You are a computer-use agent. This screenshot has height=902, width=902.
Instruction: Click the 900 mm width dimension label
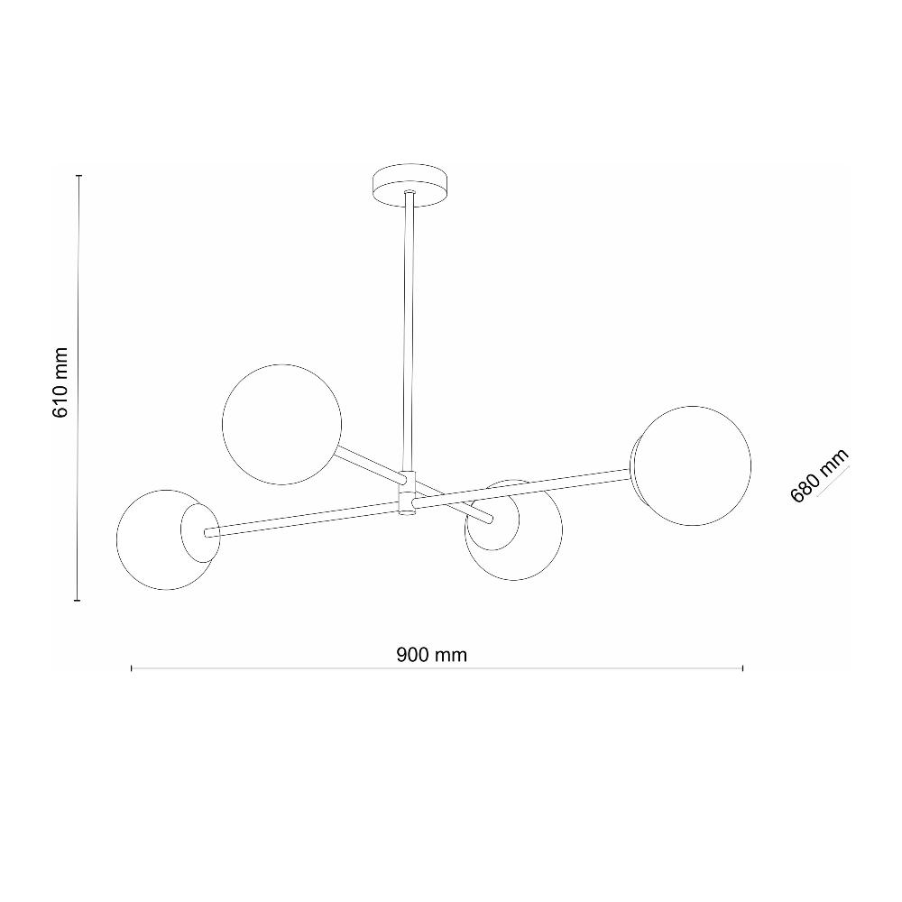(431, 655)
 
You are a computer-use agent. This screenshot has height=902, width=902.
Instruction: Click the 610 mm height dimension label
(60, 382)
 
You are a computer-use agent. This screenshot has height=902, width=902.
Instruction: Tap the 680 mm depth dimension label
(819, 477)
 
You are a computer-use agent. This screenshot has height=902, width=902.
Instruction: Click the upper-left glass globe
(281, 424)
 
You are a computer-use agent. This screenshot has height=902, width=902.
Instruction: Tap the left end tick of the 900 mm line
(132, 667)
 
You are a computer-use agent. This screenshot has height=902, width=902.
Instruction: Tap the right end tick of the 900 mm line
(742, 667)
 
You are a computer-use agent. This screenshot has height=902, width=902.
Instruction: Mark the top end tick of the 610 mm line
(79, 175)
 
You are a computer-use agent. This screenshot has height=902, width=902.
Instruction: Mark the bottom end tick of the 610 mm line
(79, 600)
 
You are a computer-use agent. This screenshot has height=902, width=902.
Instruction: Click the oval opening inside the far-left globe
(198, 531)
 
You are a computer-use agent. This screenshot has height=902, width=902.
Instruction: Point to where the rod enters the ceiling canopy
(409, 193)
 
